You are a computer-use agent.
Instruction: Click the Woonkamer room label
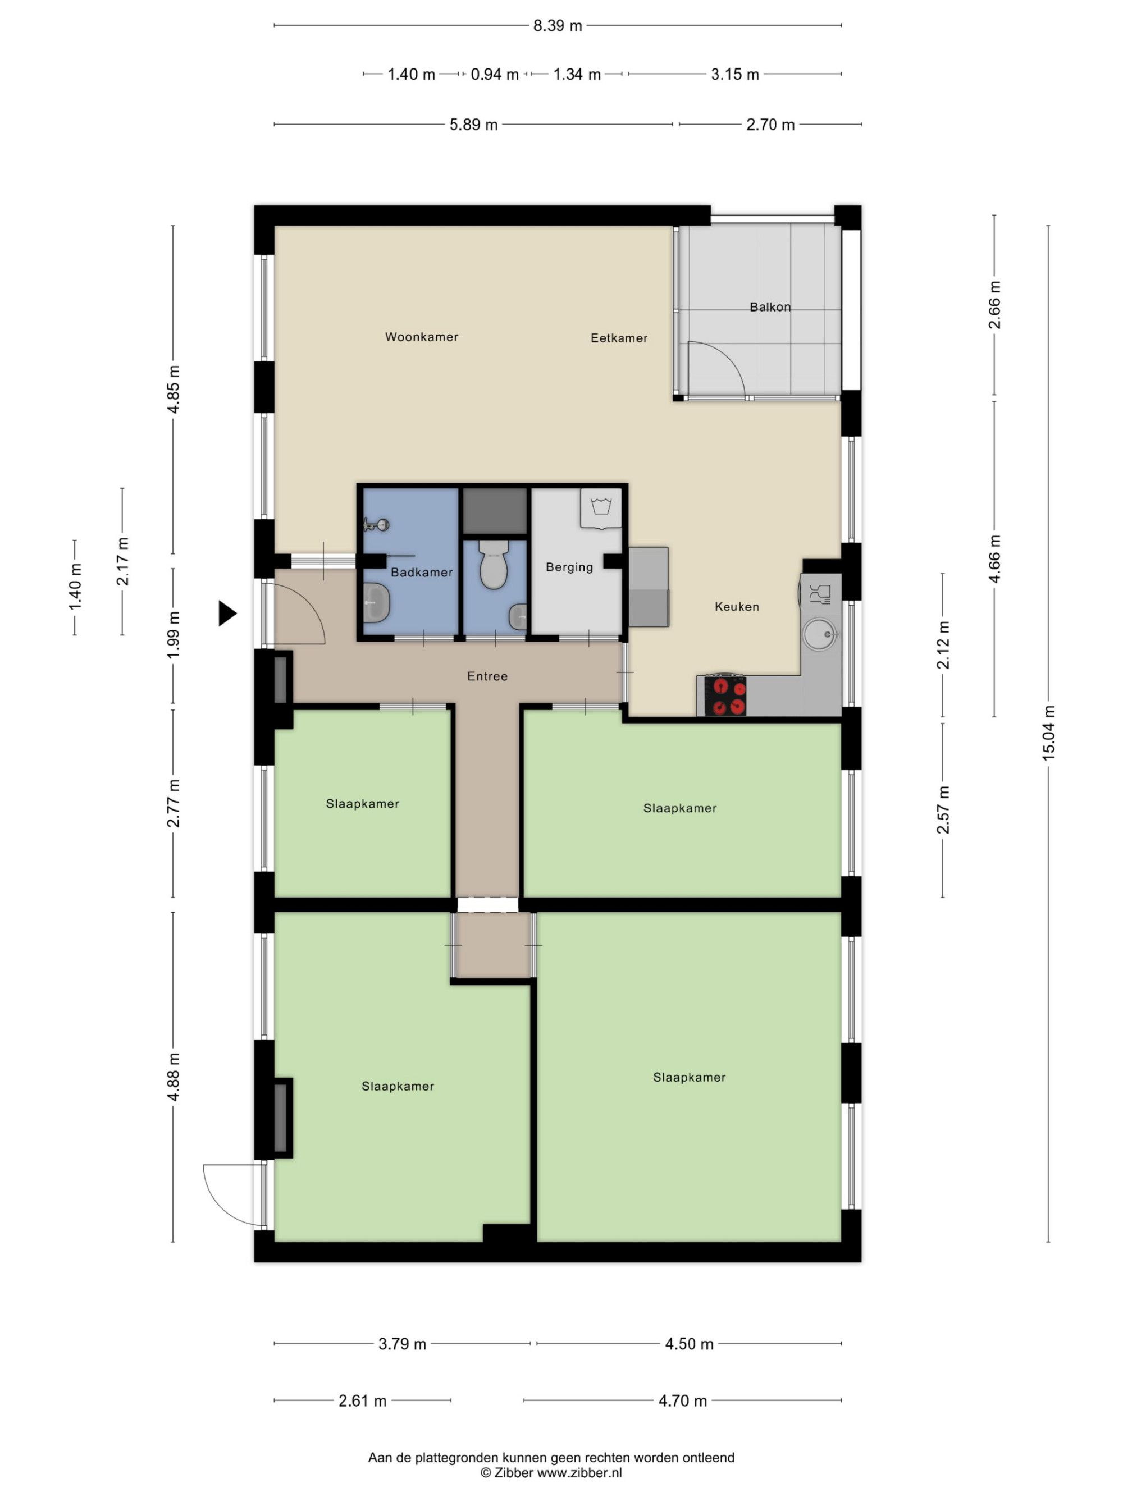pos(421,336)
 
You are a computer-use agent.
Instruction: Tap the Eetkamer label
pos(619,338)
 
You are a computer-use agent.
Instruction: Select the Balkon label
pos(770,306)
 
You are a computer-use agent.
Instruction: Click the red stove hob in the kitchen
pos(725,695)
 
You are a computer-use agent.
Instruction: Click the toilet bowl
pos(494,565)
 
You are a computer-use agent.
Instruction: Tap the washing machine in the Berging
pos(600,507)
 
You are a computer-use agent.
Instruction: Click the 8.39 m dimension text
pos(557,26)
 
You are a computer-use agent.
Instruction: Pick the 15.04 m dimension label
pos(1048,733)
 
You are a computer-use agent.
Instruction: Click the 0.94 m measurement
pos(494,75)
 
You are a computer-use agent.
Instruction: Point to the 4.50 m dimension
pos(688,1343)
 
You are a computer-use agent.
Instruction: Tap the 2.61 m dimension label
pos(362,1400)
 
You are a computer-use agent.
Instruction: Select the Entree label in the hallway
pos(487,675)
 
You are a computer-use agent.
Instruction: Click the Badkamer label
pos(421,572)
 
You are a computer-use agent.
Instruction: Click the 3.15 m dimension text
pos(734,75)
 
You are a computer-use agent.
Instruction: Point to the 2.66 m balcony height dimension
pos(994,305)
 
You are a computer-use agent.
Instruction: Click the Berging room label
pos(569,567)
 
